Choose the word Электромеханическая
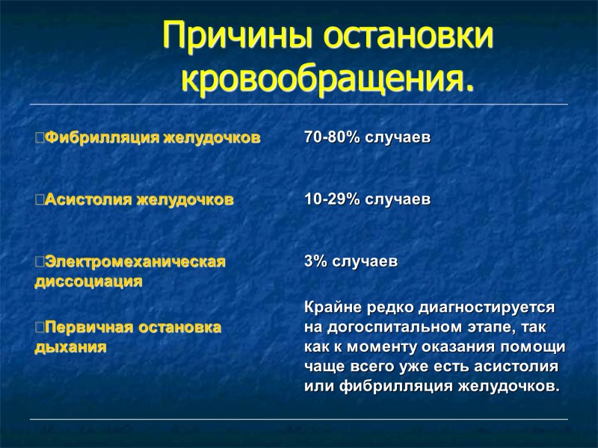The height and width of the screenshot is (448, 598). [135, 262]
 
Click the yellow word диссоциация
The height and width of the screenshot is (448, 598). [89, 282]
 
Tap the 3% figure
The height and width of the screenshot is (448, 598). [315, 262]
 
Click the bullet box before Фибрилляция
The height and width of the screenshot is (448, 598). [39, 137]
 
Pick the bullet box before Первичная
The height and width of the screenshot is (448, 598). [39, 328]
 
